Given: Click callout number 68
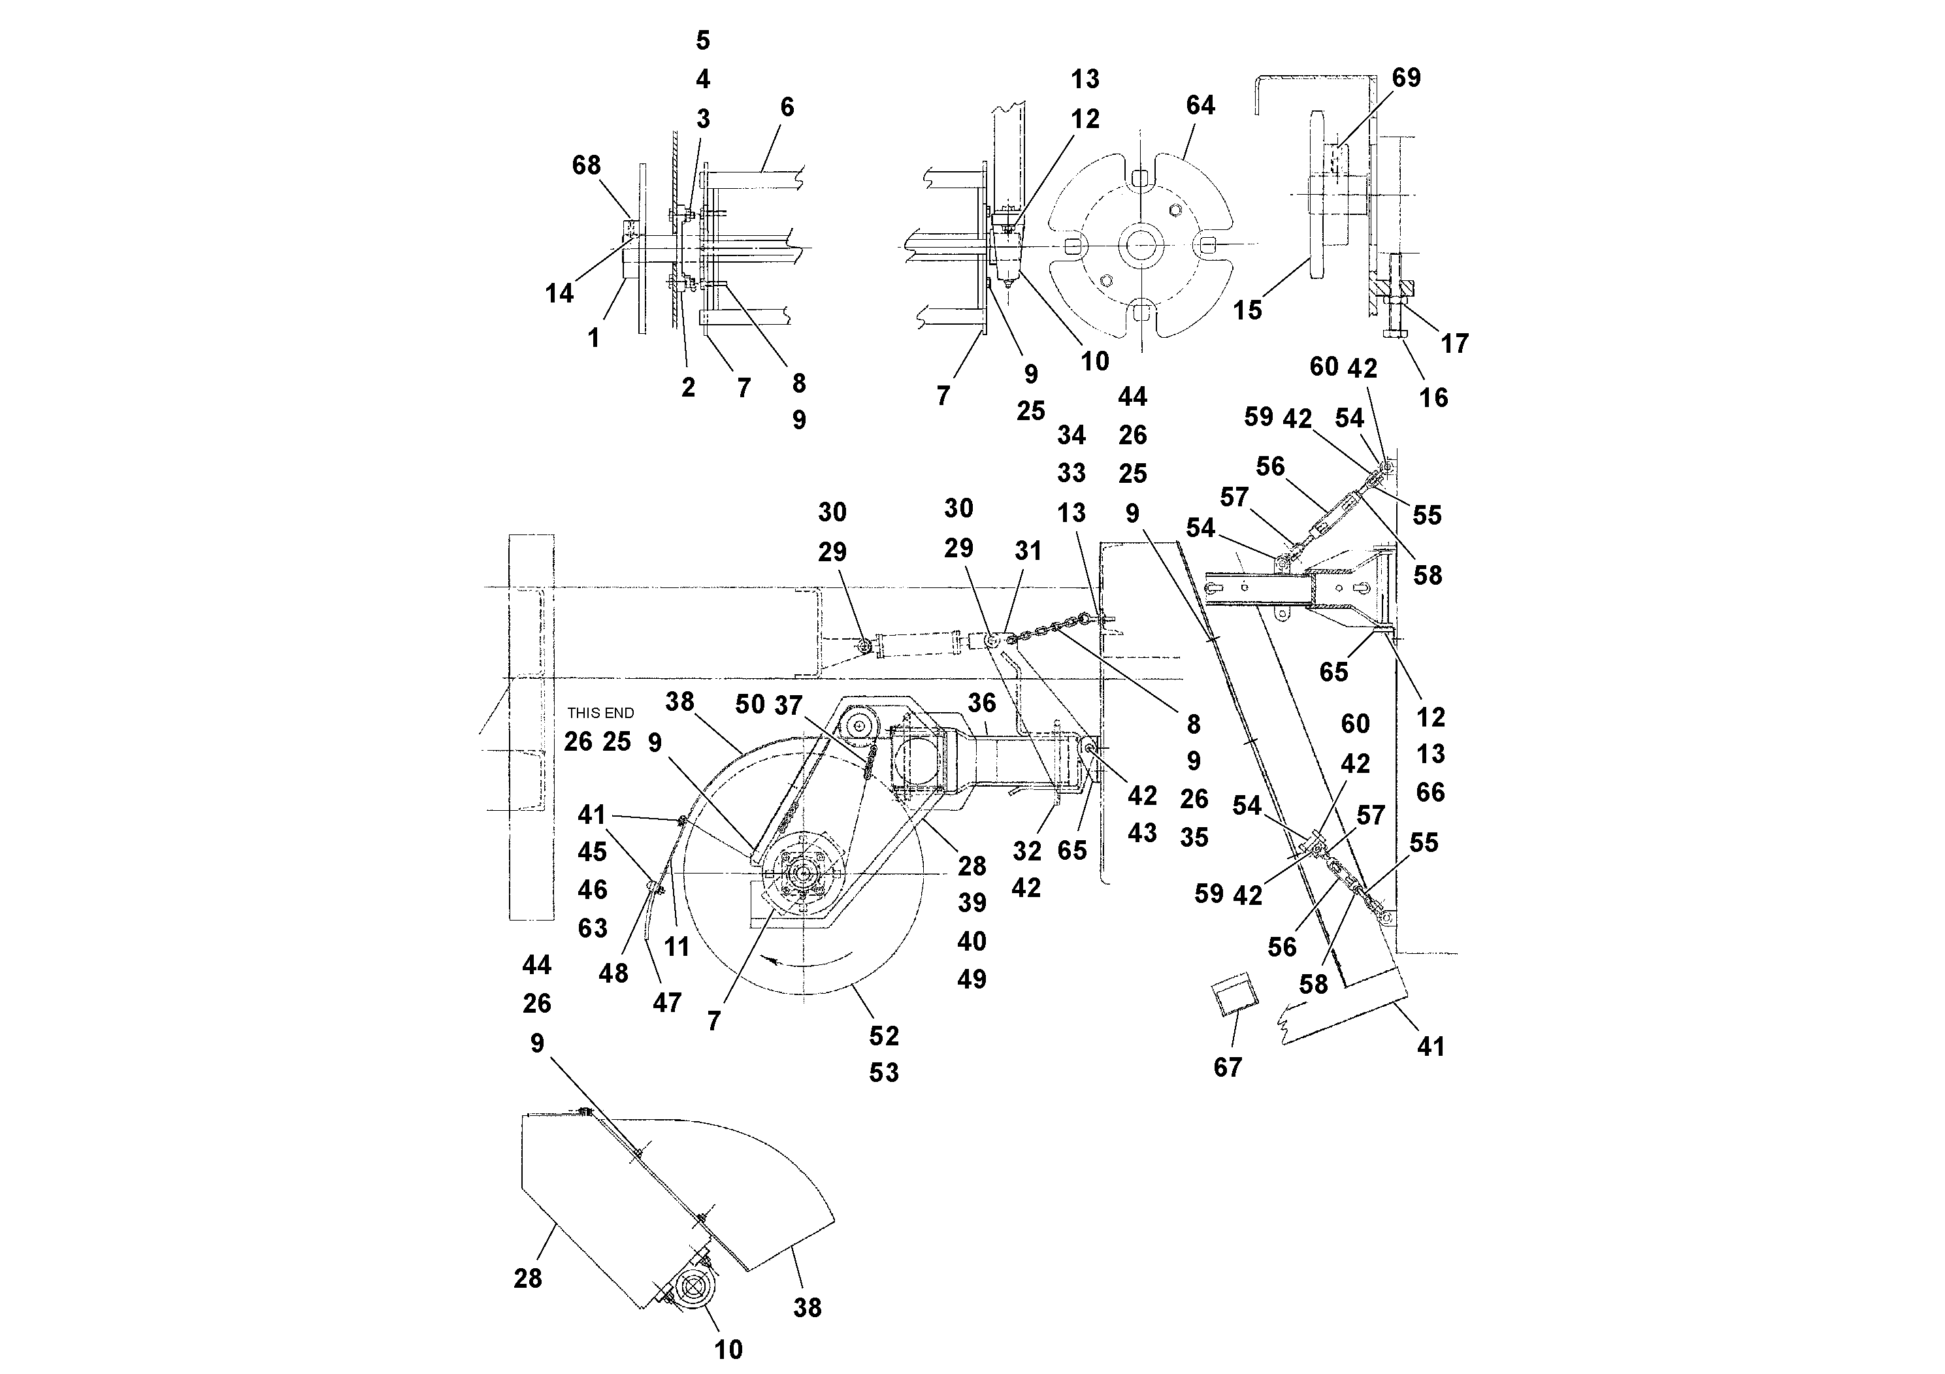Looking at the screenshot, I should click(586, 165).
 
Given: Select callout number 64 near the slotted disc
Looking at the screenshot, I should click(1200, 106).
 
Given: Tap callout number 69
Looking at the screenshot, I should click(1406, 78).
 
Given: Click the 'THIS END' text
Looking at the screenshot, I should click(600, 713).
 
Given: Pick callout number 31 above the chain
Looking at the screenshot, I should click(1028, 551).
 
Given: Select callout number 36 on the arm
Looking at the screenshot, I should click(982, 702).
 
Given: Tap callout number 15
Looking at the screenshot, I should click(1247, 310).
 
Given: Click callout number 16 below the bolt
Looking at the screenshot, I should click(1433, 397).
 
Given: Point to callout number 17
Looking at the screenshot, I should click(1454, 343).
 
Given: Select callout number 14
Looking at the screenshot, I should click(559, 294).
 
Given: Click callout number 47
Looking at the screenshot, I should click(666, 1003).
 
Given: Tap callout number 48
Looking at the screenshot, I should click(613, 974).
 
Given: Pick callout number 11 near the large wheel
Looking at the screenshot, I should click(676, 946).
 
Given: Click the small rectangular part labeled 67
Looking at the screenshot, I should click(1235, 997).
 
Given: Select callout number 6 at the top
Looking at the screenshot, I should click(787, 108).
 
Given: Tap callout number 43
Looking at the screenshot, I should click(1142, 833).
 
